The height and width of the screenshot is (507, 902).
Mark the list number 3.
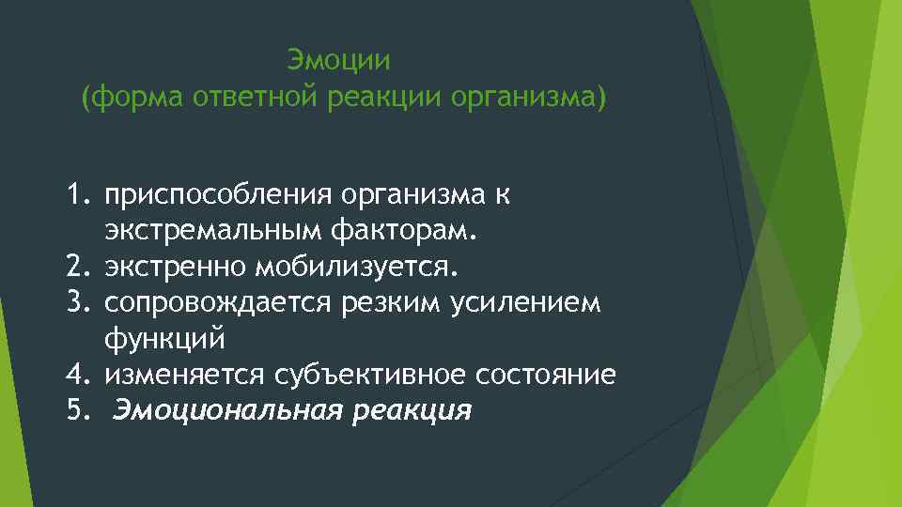click(x=76, y=302)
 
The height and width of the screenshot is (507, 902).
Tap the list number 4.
click(x=76, y=375)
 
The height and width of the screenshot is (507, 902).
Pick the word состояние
click(x=546, y=375)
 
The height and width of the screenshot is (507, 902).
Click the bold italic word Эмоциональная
click(x=228, y=410)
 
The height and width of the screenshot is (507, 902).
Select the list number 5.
click(x=76, y=410)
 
